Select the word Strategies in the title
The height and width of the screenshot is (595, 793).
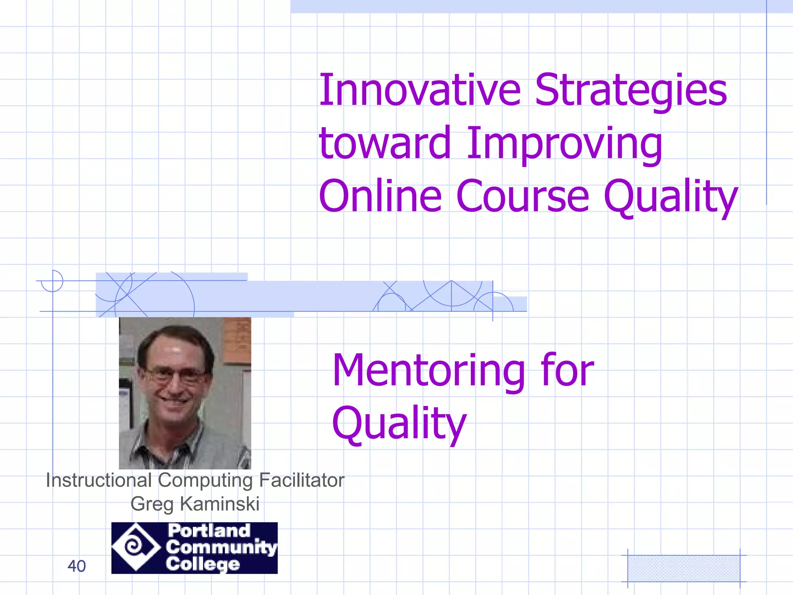coord(631,91)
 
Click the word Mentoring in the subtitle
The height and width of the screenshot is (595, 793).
coord(428,371)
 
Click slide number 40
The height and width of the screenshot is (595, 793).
coord(76,566)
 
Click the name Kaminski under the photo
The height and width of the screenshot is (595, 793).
coord(220,504)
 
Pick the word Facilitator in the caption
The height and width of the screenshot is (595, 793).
coord(301,480)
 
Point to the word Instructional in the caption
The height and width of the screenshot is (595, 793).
coord(98,480)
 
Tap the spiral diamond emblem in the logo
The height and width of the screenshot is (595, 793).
coord(136,547)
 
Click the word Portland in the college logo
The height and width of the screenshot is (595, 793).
coord(209,531)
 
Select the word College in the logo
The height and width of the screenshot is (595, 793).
coord(203,564)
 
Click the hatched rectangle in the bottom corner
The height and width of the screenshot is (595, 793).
coord(683,568)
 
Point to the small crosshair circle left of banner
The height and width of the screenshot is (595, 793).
coord(52,281)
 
